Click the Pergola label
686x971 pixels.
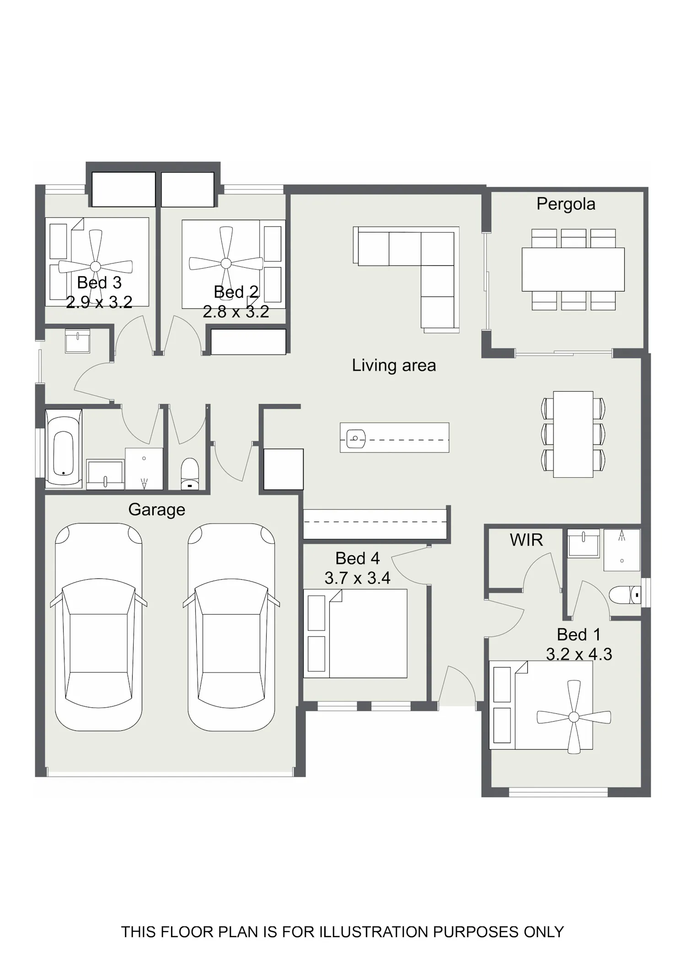coord(566,204)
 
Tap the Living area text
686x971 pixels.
coord(394,365)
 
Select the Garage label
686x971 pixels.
coord(157,510)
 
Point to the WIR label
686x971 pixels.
coord(526,540)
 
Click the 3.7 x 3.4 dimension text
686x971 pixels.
coord(358,578)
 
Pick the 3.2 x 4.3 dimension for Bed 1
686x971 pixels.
coord(579,654)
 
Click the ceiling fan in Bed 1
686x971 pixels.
coord(573,717)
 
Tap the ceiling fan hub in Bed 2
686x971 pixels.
coord(226,263)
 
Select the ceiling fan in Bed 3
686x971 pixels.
coord(96,266)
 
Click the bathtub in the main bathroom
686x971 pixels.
coord(64,448)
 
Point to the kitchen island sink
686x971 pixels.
coord(356,439)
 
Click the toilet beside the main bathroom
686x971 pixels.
coord(190,474)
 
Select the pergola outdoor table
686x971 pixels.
coord(573,270)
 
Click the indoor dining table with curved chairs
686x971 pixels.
coord(573,434)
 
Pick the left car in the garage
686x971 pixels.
coord(99,627)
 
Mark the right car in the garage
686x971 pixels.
coord(231,627)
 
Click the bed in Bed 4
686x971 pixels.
coord(355,633)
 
